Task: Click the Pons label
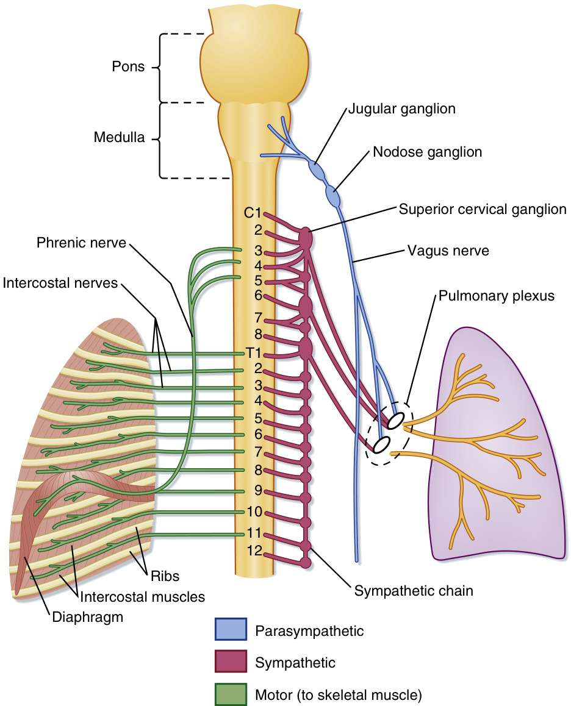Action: [127, 66]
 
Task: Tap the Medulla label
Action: [119, 137]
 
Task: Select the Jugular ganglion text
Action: [401, 110]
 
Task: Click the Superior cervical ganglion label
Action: [483, 209]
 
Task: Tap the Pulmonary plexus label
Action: [495, 296]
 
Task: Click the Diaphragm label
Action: [87, 616]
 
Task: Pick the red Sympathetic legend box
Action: [231, 661]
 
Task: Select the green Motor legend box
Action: [231, 694]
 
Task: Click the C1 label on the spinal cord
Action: [253, 213]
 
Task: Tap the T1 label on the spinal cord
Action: [253, 352]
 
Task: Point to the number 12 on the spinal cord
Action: [254, 551]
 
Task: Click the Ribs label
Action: [167, 574]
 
